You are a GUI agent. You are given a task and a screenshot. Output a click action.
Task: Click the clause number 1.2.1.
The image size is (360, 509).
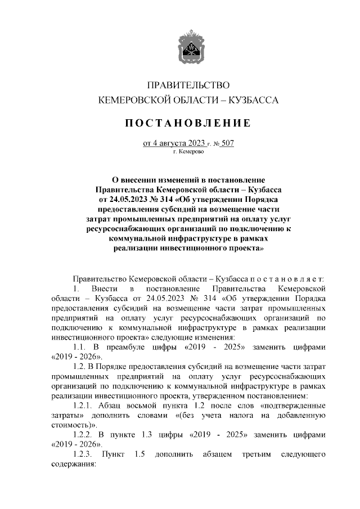(84, 406)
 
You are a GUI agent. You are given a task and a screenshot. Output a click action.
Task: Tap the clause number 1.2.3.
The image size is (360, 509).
(84, 455)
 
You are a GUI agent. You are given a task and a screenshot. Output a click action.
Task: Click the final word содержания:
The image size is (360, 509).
(73, 465)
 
